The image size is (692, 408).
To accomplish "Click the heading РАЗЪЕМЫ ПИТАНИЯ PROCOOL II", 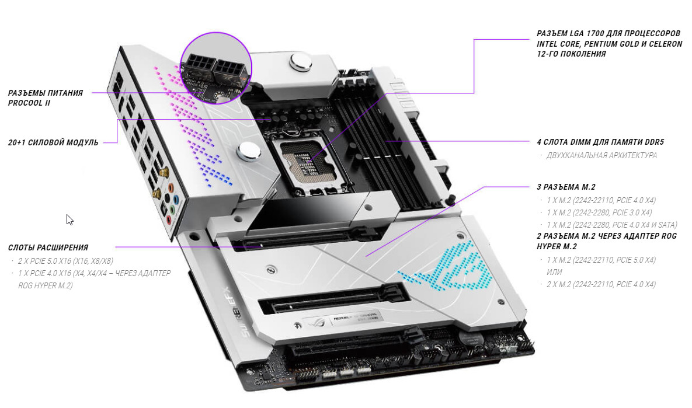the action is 46,97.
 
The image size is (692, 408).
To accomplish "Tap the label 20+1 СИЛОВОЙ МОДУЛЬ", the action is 53,142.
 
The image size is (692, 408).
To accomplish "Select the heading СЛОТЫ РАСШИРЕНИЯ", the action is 48,247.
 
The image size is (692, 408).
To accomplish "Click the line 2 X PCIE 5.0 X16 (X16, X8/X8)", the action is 65,261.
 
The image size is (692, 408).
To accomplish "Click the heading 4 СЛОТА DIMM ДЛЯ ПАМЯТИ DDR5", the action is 600,142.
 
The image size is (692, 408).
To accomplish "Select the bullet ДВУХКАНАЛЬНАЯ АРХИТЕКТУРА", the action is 601,155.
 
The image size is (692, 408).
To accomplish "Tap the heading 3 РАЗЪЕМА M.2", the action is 566,187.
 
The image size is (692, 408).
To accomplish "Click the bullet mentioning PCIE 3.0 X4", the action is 599,212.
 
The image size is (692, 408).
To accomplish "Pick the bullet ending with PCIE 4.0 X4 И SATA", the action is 611,225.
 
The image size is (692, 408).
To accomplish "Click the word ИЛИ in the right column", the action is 554,272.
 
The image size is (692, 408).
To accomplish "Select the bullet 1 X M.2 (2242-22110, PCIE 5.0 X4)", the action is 601,260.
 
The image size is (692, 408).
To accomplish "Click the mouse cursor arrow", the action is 69,219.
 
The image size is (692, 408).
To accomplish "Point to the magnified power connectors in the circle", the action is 216,68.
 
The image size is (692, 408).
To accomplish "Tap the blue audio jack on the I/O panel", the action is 176,200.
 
